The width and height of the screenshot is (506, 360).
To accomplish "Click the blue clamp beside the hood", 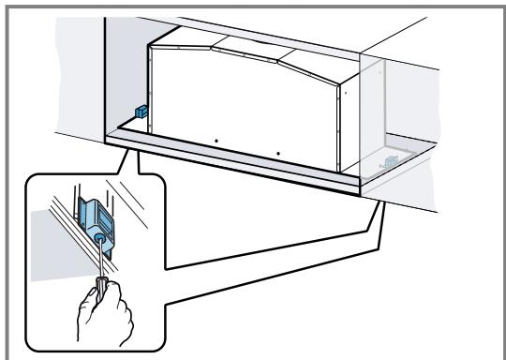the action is [141, 110].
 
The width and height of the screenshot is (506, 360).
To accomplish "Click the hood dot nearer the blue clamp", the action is [215, 142].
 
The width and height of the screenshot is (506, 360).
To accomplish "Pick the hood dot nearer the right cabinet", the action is [278, 152].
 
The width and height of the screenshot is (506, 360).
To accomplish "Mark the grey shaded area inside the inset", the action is [43, 225].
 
